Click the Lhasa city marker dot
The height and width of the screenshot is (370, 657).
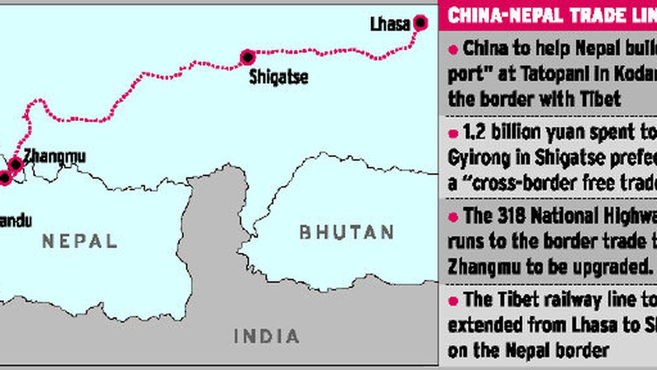point(420,22)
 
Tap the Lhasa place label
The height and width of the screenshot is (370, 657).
point(390,25)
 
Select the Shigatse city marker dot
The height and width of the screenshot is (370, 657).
point(247,56)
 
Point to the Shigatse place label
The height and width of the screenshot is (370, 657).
point(278,77)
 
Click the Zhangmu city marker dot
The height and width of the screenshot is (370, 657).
point(15,163)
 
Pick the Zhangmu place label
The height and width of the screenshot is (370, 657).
point(54,157)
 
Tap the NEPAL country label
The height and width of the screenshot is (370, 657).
point(80,241)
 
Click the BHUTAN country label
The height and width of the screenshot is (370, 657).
point(347,232)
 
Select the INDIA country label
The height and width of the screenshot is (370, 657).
point(267,335)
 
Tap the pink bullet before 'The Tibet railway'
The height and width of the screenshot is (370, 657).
point(453,300)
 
